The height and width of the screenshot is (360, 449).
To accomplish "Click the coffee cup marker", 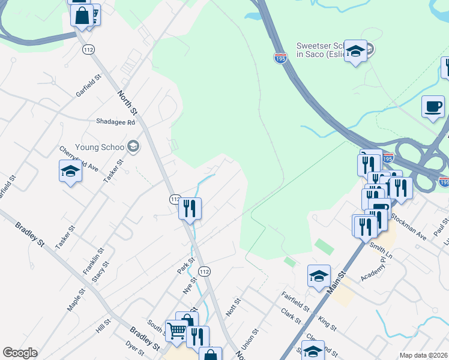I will [x=433, y=107].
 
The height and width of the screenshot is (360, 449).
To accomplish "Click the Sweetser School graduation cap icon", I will [x=356, y=52].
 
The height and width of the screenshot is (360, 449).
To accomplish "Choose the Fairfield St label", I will [x=295, y=301].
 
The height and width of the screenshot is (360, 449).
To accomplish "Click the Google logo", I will [x=20, y=353].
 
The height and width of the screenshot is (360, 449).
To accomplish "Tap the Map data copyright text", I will [x=423, y=355].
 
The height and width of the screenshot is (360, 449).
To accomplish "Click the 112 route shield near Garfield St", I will [x=89, y=49].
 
